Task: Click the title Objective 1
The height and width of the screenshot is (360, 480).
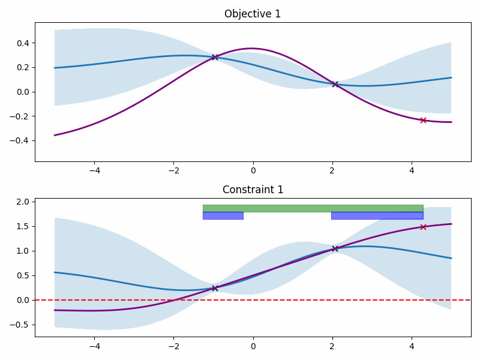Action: [x=253, y=14]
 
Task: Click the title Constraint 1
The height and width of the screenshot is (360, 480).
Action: [x=253, y=190]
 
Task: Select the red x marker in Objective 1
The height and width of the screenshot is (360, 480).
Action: [x=423, y=120]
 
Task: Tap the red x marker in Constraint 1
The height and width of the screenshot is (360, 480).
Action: [x=423, y=227]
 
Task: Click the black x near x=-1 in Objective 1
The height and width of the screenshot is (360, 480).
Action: [x=215, y=57]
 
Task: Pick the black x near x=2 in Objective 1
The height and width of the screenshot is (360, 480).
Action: [x=335, y=84]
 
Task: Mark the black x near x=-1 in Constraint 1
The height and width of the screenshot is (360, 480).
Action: [x=215, y=288]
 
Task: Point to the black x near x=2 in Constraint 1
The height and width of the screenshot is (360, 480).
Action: [x=335, y=248]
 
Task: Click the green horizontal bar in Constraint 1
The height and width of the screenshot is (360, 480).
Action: [x=313, y=208]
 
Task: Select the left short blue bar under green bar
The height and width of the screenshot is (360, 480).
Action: [x=223, y=215]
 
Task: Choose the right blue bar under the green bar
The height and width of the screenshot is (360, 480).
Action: [x=377, y=215]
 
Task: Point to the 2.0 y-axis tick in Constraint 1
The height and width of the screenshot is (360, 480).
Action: [x=22, y=202]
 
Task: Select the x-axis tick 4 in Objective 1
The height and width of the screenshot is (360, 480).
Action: [x=412, y=170]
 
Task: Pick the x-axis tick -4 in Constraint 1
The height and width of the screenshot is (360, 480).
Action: [x=94, y=346]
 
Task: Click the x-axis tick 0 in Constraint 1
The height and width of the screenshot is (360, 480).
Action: [x=253, y=346]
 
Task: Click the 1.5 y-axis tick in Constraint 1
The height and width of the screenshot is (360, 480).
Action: [x=22, y=227]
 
